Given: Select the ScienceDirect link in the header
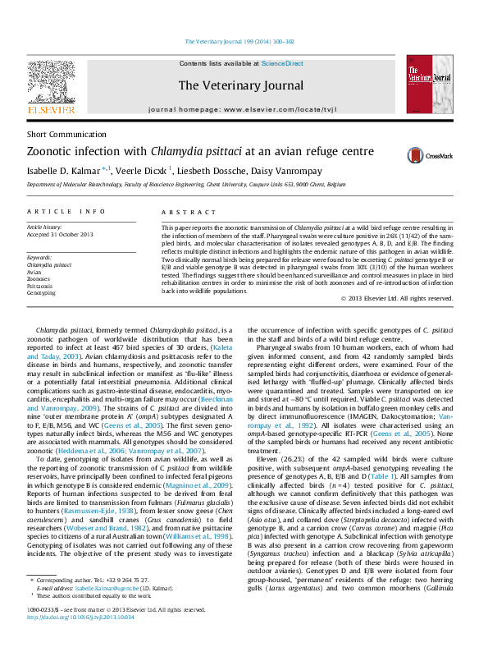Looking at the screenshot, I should (x=282, y=63).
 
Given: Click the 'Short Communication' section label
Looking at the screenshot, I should (x=60, y=134).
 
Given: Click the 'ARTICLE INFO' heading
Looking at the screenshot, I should (x=66, y=212).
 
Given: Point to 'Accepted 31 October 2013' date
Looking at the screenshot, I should (x=60, y=235).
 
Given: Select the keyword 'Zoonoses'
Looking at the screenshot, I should (x=39, y=279).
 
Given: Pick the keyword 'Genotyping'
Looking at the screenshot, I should (x=41, y=292).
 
